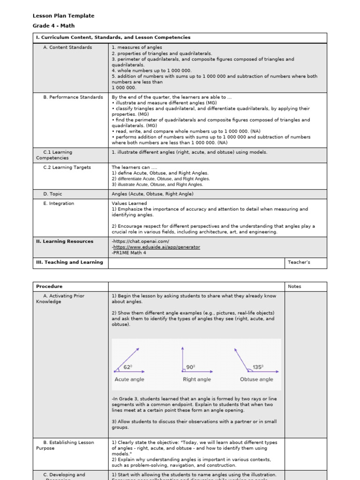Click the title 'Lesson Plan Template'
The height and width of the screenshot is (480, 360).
point(63,16)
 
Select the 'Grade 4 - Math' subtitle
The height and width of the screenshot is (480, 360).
point(53,26)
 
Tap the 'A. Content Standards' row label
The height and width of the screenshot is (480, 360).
point(67,47)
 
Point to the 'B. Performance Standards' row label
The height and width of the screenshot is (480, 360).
point(73,97)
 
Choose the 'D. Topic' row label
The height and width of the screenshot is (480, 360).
point(52,194)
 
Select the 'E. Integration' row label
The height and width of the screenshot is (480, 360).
point(59,203)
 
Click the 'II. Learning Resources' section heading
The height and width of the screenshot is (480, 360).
point(65,241)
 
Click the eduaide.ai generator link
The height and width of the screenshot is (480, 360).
point(156,247)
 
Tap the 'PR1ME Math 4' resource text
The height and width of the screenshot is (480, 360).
point(129,253)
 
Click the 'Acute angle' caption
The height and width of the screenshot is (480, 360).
point(129,379)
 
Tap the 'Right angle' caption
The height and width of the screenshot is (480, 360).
point(197,379)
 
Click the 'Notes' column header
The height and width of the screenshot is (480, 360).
point(294,286)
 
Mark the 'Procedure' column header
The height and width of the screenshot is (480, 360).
point(49,286)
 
